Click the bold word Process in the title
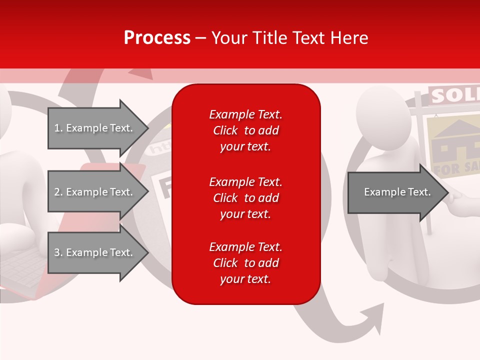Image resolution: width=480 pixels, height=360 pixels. coord(157,38)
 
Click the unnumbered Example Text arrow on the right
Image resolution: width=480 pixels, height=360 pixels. coord(397,192)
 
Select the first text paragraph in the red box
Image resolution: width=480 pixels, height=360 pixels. coord(245,130)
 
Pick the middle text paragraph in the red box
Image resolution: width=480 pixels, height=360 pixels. coord(245,198)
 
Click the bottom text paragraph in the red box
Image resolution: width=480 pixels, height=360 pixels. coord(245,263)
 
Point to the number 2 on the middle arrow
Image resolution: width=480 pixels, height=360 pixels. coord(57,192)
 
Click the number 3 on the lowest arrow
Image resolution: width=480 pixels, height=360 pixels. coord(57,252)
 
